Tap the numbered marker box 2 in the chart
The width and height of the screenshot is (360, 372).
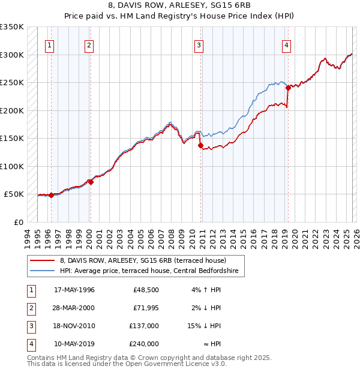click(89, 44)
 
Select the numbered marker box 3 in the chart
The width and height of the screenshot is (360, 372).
click(199, 44)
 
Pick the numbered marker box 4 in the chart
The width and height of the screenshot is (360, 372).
click(287, 44)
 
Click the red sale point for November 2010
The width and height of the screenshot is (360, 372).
click(200, 145)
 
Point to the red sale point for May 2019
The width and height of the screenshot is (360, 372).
click(288, 88)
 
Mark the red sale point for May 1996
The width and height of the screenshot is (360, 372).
click(51, 195)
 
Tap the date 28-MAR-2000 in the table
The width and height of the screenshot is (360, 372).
click(74, 308)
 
